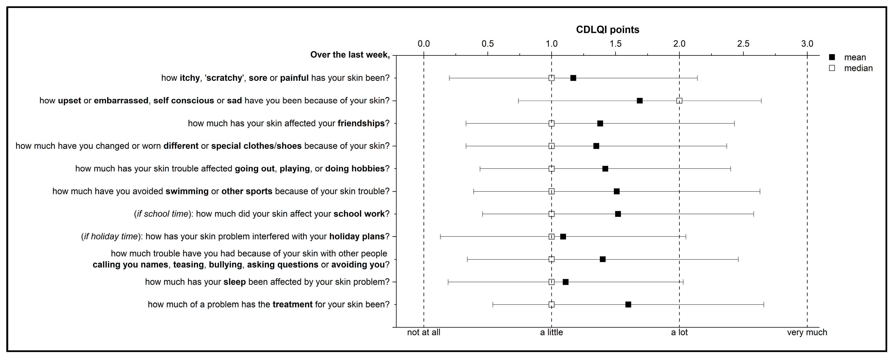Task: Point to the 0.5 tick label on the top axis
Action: pos(488,44)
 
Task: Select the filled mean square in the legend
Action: pos(832,57)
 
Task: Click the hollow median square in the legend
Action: pos(832,68)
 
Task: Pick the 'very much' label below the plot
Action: pos(807,332)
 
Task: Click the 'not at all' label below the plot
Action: pos(424,332)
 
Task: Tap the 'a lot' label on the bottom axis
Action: pos(679,332)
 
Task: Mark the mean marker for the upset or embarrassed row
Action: pos(640,101)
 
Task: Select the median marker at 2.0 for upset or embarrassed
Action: pos(679,101)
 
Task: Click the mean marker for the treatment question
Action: pos(628,304)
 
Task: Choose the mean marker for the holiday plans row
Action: pos(563,237)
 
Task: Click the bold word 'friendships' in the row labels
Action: pos(361,123)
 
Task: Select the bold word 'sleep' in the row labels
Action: pos(235,282)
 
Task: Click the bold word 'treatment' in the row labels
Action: pos(293,304)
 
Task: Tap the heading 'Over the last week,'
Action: pos(350,55)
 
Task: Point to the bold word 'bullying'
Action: pos(225,265)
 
